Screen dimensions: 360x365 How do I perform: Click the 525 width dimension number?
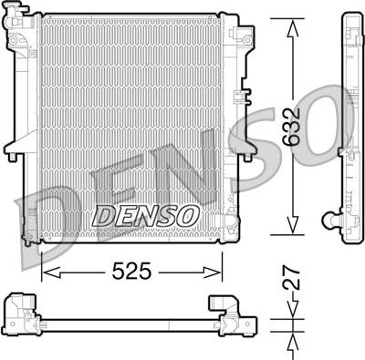(x=131, y=272)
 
